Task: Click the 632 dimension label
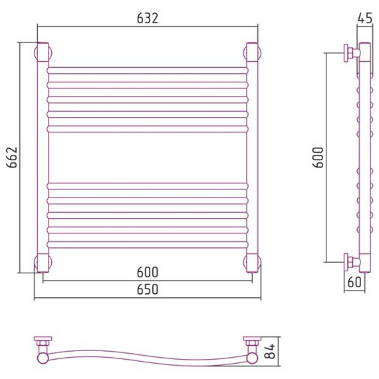[148, 19]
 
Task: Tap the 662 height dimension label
[12, 158]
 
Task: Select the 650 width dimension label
[148, 289]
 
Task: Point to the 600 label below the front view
[148, 272]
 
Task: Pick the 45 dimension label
[365, 18]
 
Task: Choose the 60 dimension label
[354, 282]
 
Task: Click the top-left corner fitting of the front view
[43, 52]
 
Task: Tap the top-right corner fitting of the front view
[253, 52]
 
